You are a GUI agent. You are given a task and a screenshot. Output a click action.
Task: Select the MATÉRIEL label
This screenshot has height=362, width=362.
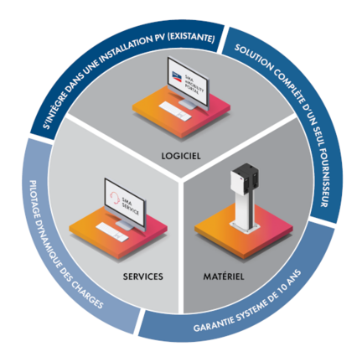[224, 275]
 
